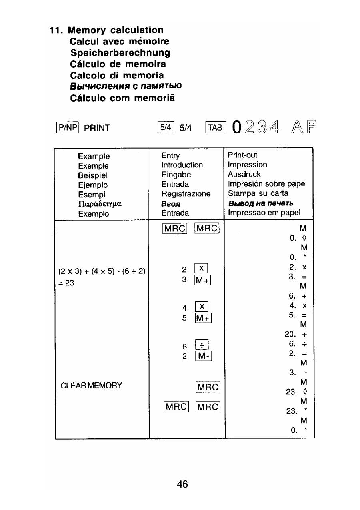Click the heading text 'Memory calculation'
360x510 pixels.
116,30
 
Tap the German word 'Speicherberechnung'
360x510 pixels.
120,53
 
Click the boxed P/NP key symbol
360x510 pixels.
64,129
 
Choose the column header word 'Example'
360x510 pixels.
94,156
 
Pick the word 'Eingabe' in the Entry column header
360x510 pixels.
176,175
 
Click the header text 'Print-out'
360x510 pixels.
242,155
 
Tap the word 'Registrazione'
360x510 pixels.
186,194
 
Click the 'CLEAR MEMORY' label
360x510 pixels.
92,386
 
